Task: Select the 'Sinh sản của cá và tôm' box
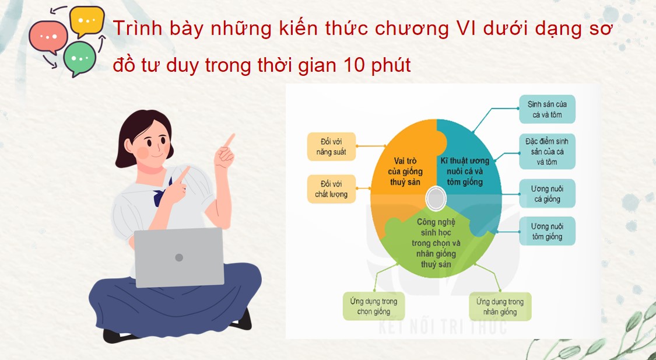547,109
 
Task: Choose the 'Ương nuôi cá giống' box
547,194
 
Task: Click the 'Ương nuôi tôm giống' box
547,231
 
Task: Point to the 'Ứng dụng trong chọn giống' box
374,306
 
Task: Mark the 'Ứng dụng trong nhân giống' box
500,306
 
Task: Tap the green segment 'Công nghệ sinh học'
437,242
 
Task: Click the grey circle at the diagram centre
437,199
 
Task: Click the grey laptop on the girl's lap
179,257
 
